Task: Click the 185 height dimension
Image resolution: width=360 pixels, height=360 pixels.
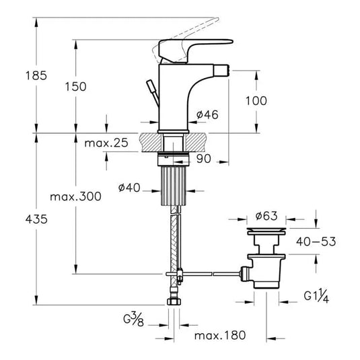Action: click(x=36, y=75)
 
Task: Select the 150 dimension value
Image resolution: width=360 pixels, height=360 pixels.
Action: click(x=76, y=87)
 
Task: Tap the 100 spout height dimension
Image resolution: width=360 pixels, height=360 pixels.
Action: click(x=256, y=101)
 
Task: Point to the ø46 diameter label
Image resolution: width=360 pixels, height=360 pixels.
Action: click(x=207, y=114)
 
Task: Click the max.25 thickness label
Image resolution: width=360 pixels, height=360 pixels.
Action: click(x=106, y=143)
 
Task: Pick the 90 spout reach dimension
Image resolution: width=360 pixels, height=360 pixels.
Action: click(x=204, y=158)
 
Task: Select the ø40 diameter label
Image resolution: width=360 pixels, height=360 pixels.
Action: click(x=129, y=188)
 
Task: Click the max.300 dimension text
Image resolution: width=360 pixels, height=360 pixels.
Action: click(x=76, y=196)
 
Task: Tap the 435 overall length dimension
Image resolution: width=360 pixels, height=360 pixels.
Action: click(x=36, y=219)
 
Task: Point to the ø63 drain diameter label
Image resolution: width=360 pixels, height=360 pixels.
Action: click(x=266, y=216)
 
